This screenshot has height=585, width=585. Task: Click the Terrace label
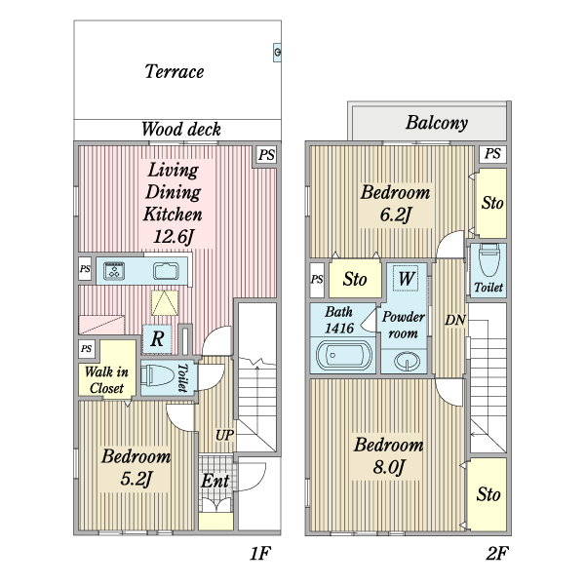click(175, 71)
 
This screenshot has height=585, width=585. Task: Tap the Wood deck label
click(181, 129)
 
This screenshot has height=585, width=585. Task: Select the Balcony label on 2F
click(437, 123)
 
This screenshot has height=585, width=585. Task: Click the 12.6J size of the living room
click(174, 236)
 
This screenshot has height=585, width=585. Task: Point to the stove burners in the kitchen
click(114, 270)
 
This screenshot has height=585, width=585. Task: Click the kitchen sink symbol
click(166, 271)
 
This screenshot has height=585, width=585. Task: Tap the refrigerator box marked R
click(157, 339)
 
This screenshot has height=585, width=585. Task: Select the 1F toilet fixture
click(157, 376)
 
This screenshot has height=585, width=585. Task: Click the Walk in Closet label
click(106, 380)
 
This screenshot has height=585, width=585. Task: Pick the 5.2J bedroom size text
click(136, 479)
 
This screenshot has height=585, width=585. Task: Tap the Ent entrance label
click(214, 481)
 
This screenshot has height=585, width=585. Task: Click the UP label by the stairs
click(224, 435)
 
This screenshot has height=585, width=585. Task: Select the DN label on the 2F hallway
click(455, 320)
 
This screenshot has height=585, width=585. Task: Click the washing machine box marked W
click(406, 278)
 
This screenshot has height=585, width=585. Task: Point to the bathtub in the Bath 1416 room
click(343, 355)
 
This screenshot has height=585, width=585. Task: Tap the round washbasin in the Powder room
click(407, 362)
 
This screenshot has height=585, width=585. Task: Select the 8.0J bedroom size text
click(389, 467)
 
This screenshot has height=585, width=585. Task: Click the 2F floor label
click(497, 553)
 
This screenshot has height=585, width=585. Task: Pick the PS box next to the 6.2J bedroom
click(492, 154)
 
